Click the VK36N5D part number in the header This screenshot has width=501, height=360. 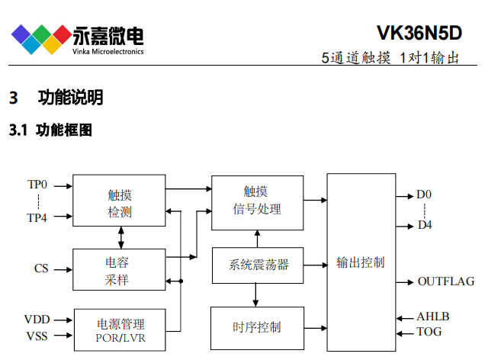coord(419,33)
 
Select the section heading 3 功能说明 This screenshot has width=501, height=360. coord(56,98)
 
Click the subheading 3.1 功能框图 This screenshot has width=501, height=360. coord(50,130)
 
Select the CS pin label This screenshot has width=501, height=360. coord(41,268)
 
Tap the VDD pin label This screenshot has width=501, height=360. coord(37,320)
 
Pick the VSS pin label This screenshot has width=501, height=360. coord(37,336)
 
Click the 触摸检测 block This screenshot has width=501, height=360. coord(119,201)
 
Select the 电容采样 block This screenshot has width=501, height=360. coord(119,270)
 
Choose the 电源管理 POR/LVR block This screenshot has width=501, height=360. coord(119,329)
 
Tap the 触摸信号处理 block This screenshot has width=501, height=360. coord(257,200)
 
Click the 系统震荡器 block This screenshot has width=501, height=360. coord(257,265)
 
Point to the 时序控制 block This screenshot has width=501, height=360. coord(257,327)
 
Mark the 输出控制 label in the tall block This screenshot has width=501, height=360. coord(361,262)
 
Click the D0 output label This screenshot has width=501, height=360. coord(425,194)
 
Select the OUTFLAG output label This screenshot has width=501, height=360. coord(445,281)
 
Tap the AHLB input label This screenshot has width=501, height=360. coord(432,317)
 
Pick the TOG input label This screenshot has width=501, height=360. coord(429,332)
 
